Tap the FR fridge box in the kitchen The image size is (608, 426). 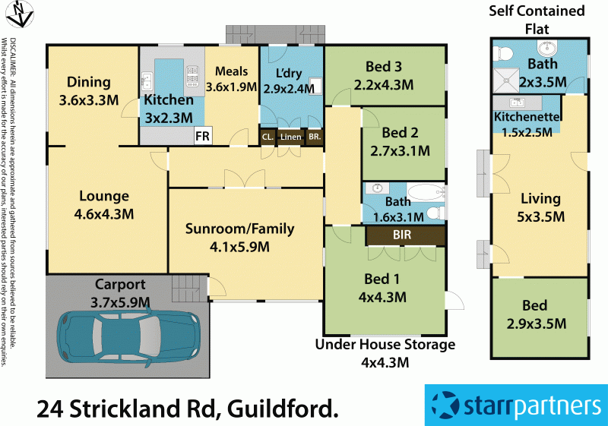pos(203,137)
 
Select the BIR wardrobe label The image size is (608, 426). pos(403,235)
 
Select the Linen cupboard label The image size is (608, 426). pos(290,137)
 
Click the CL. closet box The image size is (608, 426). pos(268,137)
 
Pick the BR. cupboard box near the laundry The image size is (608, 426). pos(314,137)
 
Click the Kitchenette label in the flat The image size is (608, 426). pos(527,117)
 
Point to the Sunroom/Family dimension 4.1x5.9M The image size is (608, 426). pos(239,246)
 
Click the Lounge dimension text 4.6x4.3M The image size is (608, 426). pos(104,214)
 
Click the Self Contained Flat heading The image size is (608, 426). pos(537,20)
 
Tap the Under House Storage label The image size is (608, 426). pos(385,345)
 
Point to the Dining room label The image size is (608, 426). pos(89,82)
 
